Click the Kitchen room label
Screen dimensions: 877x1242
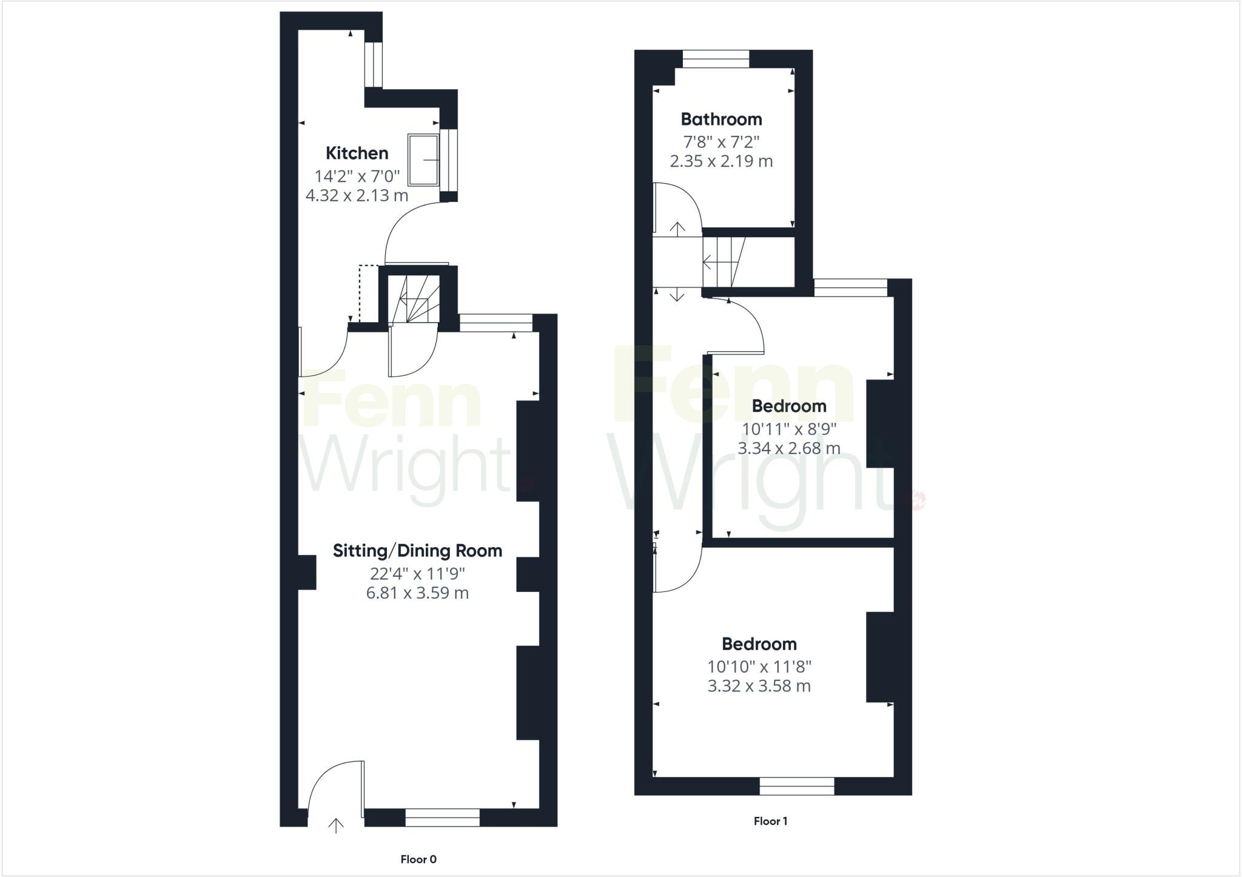click(x=357, y=153)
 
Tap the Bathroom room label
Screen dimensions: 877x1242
click(x=721, y=119)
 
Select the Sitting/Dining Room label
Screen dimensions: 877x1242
click(x=417, y=551)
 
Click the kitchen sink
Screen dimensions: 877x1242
click(x=423, y=160)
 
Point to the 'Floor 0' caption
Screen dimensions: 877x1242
click(x=418, y=859)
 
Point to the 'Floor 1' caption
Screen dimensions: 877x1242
click(x=770, y=821)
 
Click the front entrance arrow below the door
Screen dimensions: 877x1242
click(x=336, y=825)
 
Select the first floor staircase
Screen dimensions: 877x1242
click(x=723, y=262)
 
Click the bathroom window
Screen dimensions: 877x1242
click(x=716, y=59)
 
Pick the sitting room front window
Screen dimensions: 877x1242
click(x=442, y=818)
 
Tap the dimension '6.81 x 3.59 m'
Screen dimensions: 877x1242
click(x=417, y=593)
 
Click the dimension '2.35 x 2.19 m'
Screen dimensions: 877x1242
click(x=721, y=161)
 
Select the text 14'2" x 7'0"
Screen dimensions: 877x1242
click(x=357, y=176)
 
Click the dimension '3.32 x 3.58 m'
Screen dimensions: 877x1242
click(x=759, y=686)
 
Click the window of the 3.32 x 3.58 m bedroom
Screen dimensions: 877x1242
click(x=797, y=786)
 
